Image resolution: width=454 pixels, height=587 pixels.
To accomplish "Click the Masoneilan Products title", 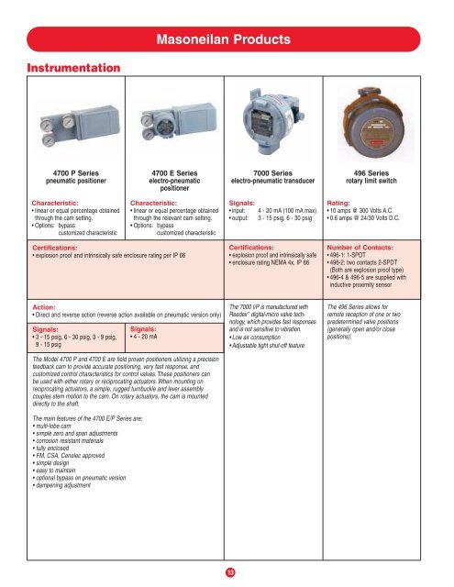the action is tap(227, 39).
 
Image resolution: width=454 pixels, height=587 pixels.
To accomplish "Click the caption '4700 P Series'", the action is tap(71, 171).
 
